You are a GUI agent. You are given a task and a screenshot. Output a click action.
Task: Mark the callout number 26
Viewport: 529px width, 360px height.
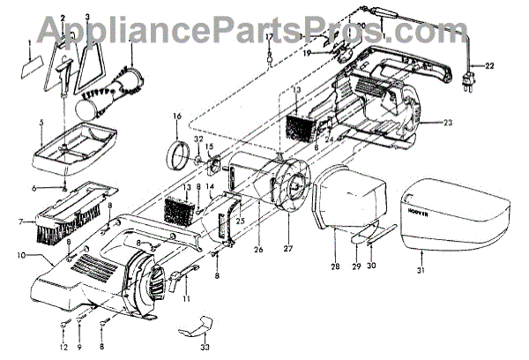click(x=258, y=250)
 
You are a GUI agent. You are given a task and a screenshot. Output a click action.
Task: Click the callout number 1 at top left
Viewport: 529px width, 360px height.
click(x=30, y=42)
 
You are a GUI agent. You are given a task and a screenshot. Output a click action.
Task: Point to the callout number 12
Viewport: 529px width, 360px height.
click(x=63, y=346)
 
